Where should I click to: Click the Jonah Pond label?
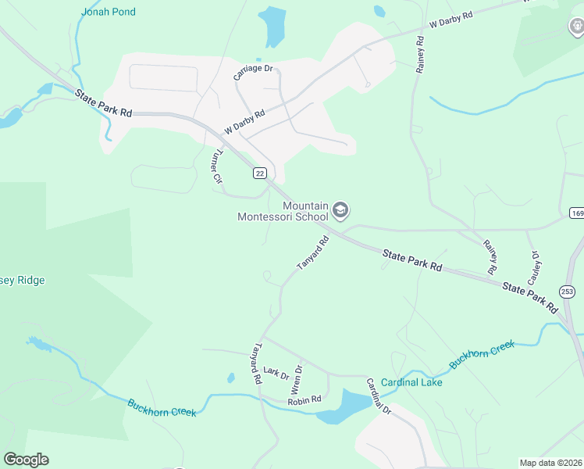pos(108,12)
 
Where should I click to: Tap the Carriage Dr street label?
pos(255,72)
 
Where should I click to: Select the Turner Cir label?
pos(215,166)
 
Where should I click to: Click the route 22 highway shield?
pos(260,173)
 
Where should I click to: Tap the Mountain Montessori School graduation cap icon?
pos(340,209)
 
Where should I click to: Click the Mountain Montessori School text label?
pos(283,211)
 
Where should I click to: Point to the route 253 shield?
pos(568,291)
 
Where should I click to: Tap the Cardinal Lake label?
pos(411,382)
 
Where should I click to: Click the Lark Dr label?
pos(276,371)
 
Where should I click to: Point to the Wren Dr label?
pos(297,379)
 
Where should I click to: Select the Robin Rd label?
pos(304,399)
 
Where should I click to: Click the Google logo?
pos(26,460)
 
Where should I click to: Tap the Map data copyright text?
pos(550,463)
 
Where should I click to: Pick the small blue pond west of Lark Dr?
pos(231,378)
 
